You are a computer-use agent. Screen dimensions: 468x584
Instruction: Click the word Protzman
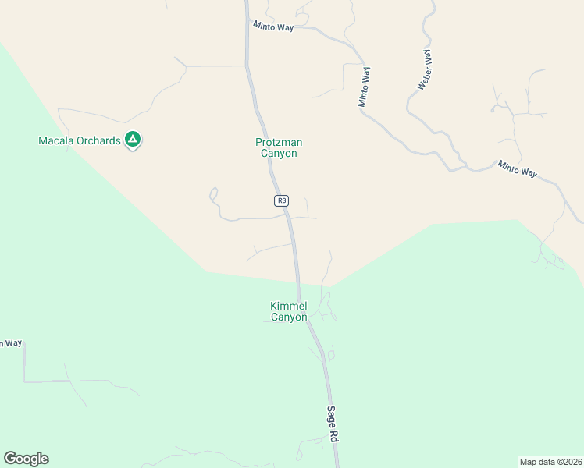(279, 143)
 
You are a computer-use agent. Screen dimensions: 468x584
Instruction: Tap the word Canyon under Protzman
(279, 154)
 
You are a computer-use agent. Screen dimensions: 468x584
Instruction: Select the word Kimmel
(289, 307)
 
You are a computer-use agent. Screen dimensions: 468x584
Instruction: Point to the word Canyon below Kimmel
(289, 317)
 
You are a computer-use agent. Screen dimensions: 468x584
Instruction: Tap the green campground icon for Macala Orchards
(133, 140)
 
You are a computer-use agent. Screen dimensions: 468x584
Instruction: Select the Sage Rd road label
(333, 424)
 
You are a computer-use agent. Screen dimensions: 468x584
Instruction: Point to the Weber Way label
(424, 70)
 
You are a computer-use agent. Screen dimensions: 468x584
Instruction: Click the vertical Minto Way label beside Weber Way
(363, 87)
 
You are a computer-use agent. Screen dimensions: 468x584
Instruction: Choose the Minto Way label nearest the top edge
(272, 27)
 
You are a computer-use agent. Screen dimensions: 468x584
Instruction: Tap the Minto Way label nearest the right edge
(518, 169)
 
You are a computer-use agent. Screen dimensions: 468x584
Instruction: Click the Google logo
(26, 459)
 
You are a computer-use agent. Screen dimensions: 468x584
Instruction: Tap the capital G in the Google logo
(10, 458)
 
